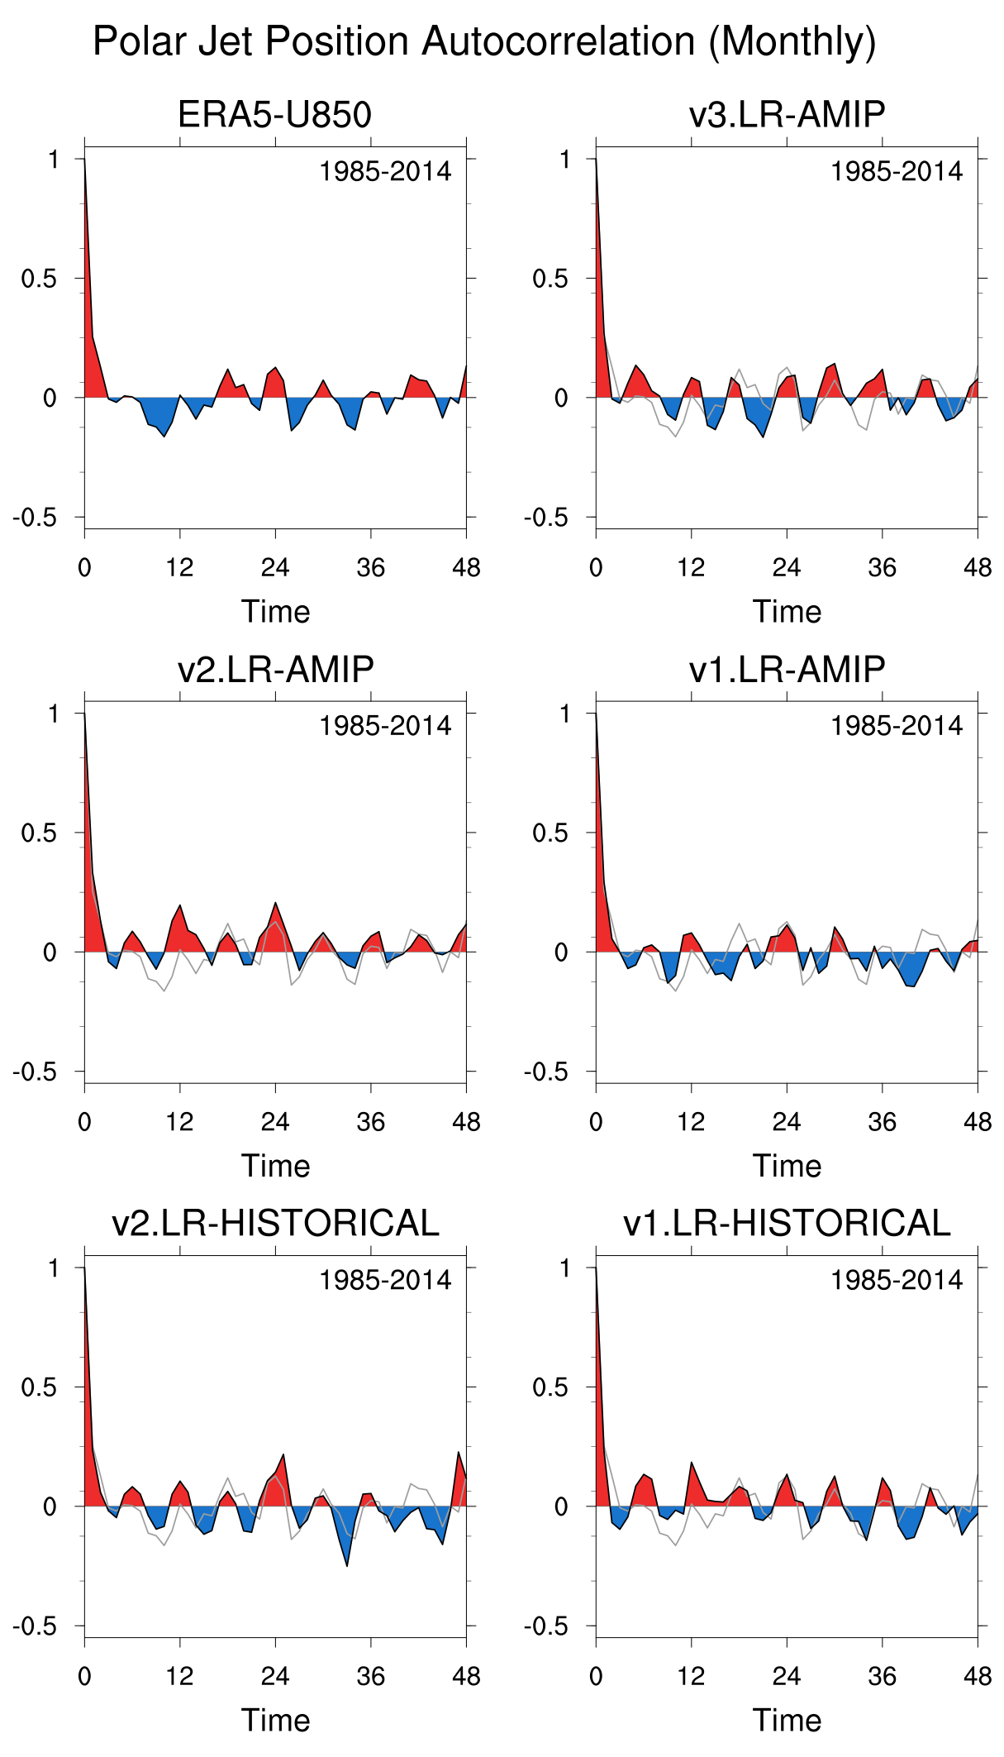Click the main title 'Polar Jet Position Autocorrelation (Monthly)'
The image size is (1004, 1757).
(484, 41)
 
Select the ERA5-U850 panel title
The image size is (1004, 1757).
(274, 115)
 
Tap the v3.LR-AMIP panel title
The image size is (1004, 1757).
(787, 115)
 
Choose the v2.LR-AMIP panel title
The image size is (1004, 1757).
(275, 669)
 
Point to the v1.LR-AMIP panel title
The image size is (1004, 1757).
(787, 669)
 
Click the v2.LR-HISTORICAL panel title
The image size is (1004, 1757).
(275, 1223)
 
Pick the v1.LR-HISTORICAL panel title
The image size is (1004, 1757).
(787, 1223)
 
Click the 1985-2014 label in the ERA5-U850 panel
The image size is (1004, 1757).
(385, 172)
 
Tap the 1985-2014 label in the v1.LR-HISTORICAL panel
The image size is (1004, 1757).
(897, 1280)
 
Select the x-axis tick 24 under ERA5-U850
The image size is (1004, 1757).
(275, 568)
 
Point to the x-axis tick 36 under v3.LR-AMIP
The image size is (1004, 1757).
(883, 568)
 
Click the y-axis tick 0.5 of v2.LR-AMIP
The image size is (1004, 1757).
(39, 833)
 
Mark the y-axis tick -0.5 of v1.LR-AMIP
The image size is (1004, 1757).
(545, 1072)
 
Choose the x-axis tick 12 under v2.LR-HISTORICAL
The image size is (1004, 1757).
(179, 1676)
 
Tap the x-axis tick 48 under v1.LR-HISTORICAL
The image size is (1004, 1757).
(978, 1676)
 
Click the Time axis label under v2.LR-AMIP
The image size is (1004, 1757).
(275, 1166)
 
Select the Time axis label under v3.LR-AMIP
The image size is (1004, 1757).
(787, 612)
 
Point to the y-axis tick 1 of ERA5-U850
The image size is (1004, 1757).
(54, 159)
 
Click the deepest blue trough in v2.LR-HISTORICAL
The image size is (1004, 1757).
(347, 1563)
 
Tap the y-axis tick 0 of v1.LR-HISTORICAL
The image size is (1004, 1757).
(561, 1506)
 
